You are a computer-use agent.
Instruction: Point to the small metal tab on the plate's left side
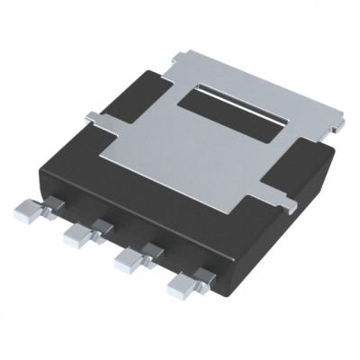(x=94, y=116)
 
